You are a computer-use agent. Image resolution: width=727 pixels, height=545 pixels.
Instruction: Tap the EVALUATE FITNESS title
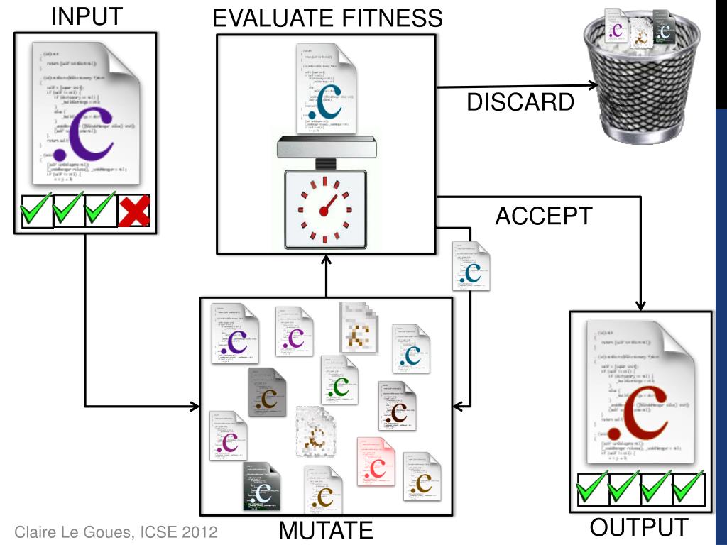pos(327,18)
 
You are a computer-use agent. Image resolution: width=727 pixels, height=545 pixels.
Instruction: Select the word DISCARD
pos(520,103)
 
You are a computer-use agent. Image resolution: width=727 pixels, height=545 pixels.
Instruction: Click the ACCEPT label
pos(543,216)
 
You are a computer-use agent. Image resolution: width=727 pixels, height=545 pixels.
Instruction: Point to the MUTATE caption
pos(326,530)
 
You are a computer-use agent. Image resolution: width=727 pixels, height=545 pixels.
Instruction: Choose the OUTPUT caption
pos(639,527)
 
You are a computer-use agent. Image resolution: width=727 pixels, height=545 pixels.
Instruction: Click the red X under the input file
pos(133,211)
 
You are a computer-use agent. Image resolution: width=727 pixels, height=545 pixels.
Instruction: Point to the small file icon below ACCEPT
pos(471,266)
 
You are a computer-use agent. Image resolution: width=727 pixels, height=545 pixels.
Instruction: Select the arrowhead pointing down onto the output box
pos(640,305)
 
